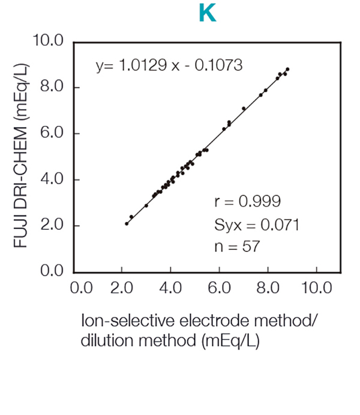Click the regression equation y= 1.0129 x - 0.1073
point(169,65)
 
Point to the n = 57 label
point(237,246)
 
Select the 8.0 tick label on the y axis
point(52,88)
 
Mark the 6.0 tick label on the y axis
point(52,134)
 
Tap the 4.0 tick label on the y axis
point(52,180)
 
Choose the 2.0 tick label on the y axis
point(52,225)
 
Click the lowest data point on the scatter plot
point(127,223)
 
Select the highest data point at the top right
point(287,69)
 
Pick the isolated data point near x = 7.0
point(244,109)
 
